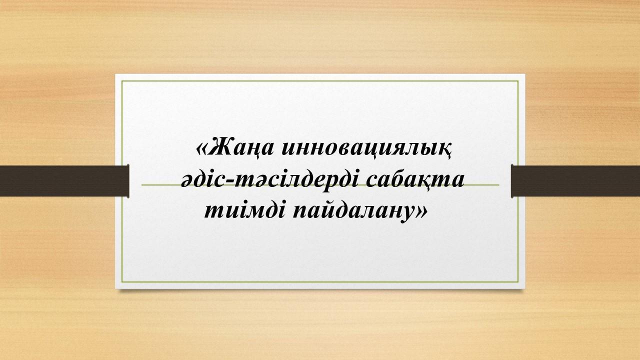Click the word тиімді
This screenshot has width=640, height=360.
pos(244,211)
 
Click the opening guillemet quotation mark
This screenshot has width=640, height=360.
pos(201,149)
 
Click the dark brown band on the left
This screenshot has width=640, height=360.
pos(64,181)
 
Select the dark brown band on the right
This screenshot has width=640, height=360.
pos(575,181)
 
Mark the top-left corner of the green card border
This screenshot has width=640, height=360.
pos(122,81)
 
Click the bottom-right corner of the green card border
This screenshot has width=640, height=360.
pos(518,281)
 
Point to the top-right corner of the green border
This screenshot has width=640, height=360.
pos(518,81)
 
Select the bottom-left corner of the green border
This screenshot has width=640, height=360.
pos(122,281)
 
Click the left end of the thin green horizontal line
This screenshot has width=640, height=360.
pos(141,185)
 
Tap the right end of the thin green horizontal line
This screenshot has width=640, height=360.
pos(499,185)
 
